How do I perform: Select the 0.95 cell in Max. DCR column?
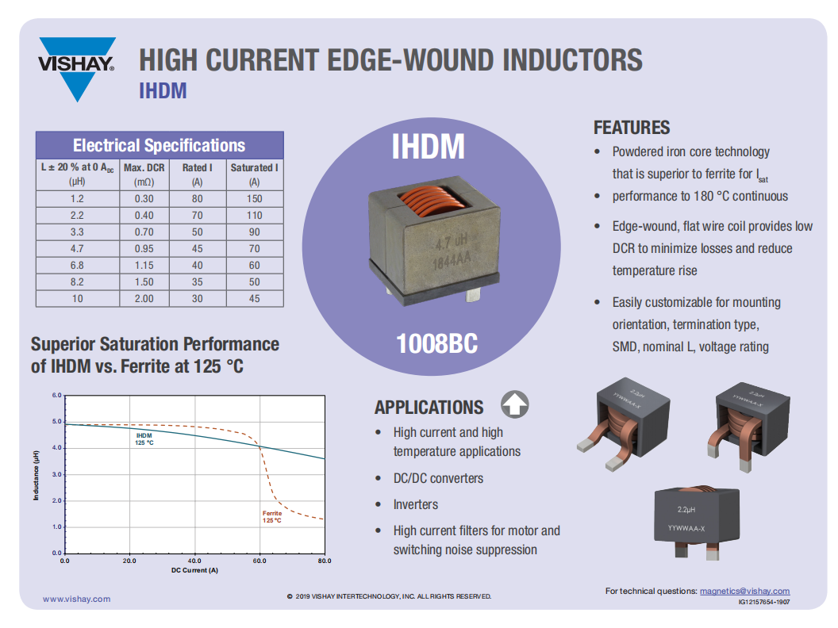tap(144, 249)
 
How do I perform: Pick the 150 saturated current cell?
tap(255, 199)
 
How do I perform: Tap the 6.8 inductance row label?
tap(78, 266)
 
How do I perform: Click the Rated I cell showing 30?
tap(198, 298)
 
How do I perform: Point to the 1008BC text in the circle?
tap(436, 343)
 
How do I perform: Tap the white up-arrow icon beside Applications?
tap(515, 404)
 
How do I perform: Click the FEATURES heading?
tap(632, 128)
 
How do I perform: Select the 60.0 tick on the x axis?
tap(259, 561)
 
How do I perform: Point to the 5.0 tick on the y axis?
tap(56, 421)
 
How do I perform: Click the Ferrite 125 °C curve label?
tap(272, 516)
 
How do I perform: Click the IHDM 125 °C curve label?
tap(144, 439)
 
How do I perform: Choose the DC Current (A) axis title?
tap(194, 570)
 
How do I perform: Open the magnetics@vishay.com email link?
tap(745, 592)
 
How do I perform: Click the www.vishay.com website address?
tap(77, 599)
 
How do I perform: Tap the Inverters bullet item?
tap(416, 504)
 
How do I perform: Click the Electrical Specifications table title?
tap(160, 145)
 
